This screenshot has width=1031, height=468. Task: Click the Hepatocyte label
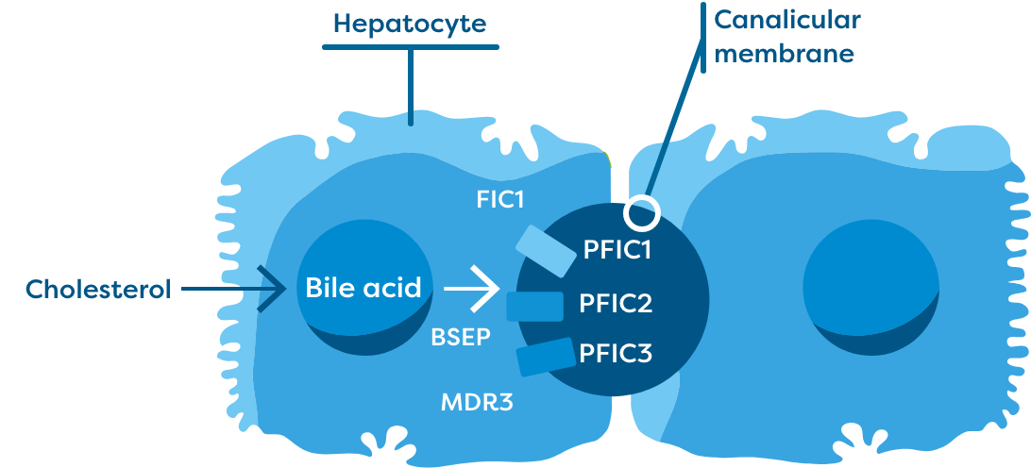pyautogui.click(x=410, y=22)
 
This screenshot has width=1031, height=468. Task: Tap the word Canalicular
pyautogui.click(x=786, y=20)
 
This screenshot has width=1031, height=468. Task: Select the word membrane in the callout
pyautogui.click(x=784, y=54)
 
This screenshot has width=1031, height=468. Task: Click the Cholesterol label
pyautogui.click(x=98, y=289)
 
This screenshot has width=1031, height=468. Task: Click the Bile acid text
pyautogui.click(x=363, y=287)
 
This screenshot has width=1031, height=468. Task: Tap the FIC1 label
pyautogui.click(x=500, y=200)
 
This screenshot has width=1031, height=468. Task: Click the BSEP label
pyautogui.click(x=460, y=337)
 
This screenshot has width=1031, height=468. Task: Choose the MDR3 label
pyautogui.click(x=477, y=403)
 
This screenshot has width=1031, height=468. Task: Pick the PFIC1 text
pyautogui.click(x=617, y=252)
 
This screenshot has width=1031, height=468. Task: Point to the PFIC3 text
pyautogui.click(x=617, y=353)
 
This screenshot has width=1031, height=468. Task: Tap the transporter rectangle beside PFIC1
pyautogui.click(x=544, y=252)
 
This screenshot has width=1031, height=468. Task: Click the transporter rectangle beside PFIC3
pyautogui.click(x=546, y=356)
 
